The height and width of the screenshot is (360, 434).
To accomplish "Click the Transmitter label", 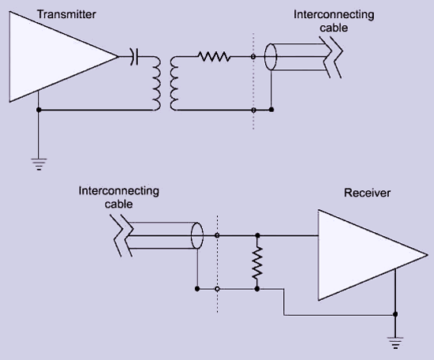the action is click(x=66, y=14).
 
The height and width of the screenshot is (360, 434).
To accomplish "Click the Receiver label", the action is click(x=367, y=193).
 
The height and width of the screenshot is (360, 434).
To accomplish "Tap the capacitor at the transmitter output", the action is click(x=134, y=57).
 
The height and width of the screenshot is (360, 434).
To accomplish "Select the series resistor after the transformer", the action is click(x=214, y=57).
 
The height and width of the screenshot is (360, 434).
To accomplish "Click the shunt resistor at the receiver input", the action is click(x=257, y=263).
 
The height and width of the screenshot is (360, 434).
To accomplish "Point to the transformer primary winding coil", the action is click(x=157, y=84).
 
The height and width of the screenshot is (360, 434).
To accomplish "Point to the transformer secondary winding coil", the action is click(x=174, y=84).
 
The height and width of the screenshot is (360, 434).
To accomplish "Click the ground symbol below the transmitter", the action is click(x=39, y=164).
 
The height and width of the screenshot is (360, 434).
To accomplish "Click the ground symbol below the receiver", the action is click(x=395, y=343).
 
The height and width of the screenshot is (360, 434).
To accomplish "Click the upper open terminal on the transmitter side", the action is click(x=253, y=57).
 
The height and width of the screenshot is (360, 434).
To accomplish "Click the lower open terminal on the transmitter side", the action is click(x=253, y=110).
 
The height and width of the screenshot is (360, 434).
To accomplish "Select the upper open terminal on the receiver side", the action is click(x=217, y=235).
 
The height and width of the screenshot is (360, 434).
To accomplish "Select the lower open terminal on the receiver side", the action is click(x=217, y=289).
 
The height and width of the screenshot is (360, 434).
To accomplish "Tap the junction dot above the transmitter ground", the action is click(x=39, y=110).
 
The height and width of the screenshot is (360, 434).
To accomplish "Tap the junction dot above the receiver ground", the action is click(x=395, y=314).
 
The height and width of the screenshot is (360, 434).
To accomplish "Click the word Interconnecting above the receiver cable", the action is click(x=118, y=191).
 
